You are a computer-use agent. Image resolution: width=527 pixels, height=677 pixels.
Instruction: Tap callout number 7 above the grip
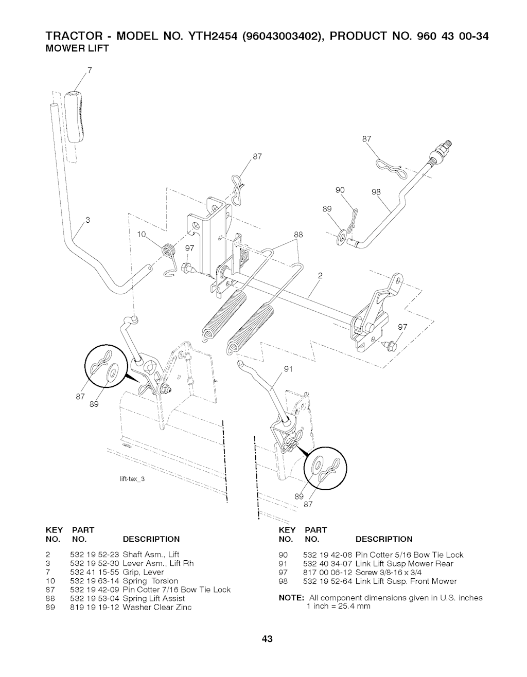[x=90, y=70]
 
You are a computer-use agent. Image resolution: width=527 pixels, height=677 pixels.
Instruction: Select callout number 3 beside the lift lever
[x=88, y=220]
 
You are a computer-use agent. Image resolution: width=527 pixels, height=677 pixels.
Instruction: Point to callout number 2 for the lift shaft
[x=320, y=275]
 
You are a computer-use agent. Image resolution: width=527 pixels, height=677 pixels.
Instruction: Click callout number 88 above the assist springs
[x=298, y=235]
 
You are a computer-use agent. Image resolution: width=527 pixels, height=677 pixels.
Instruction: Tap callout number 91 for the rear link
[x=288, y=369]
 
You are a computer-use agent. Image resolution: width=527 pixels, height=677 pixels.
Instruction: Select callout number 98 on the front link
[x=376, y=192]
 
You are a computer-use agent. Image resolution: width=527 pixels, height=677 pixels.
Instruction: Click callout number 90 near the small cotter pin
[x=340, y=190]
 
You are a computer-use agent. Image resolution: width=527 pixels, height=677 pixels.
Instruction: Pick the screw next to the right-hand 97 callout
[x=390, y=345]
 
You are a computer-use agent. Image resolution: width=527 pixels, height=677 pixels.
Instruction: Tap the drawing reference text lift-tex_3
[x=132, y=479]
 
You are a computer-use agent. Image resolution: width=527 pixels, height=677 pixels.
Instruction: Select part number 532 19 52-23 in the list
[x=95, y=555]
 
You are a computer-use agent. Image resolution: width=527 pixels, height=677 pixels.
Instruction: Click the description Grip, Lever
[x=144, y=572]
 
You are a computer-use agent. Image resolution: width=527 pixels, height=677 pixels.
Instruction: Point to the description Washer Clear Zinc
[x=157, y=607]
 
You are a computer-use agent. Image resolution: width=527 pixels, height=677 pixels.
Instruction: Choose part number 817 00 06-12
[x=327, y=573]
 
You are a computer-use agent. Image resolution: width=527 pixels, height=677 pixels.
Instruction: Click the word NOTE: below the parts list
[x=291, y=598]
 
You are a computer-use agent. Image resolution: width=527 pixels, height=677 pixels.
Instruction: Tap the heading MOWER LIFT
[x=77, y=48]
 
